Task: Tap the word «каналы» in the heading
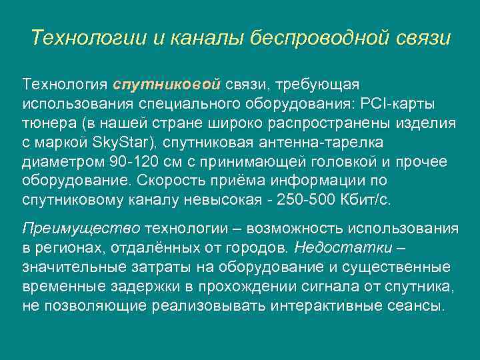pyautogui.click(x=204, y=37)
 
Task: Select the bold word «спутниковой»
pyautogui.click(x=167, y=85)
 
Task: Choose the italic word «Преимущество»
pyautogui.click(x=81, y=229)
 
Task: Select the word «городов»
pyautogui.click(x=253, y=248)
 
